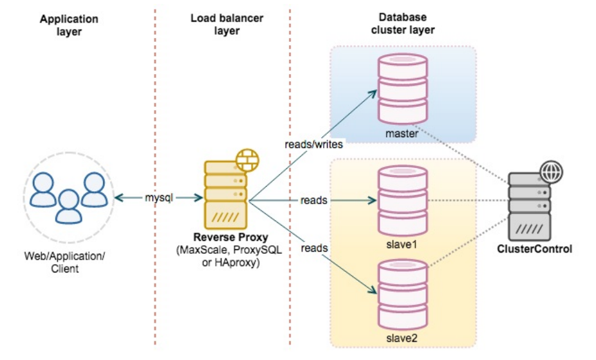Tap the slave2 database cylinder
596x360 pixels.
[x=403, y=290]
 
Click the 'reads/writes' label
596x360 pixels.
[x=313, y=145]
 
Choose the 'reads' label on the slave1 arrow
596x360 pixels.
[x=314, y=201]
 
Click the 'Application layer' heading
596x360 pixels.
[x=69, y=25]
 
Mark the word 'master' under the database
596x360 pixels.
[x=403, y=134]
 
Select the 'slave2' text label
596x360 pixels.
[x=403, y=337]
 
